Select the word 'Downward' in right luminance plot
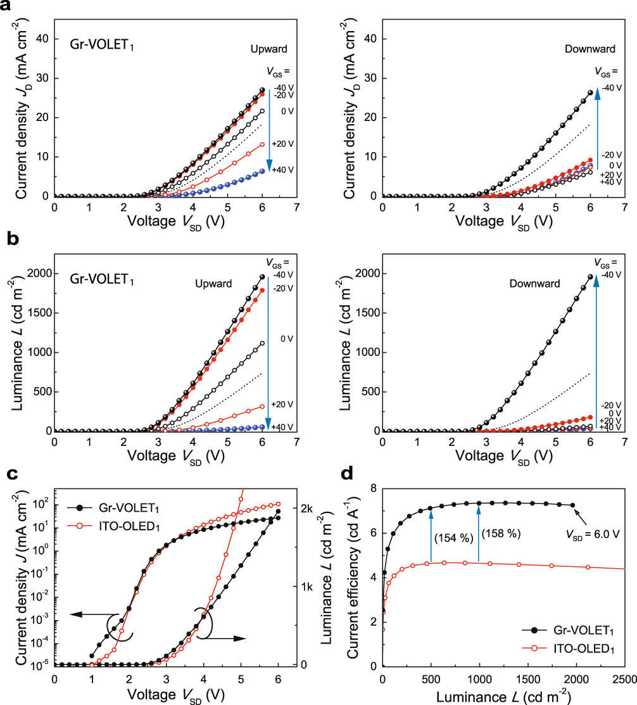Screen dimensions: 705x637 click(534, 284)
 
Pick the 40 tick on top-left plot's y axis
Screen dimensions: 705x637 click(41, 39)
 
